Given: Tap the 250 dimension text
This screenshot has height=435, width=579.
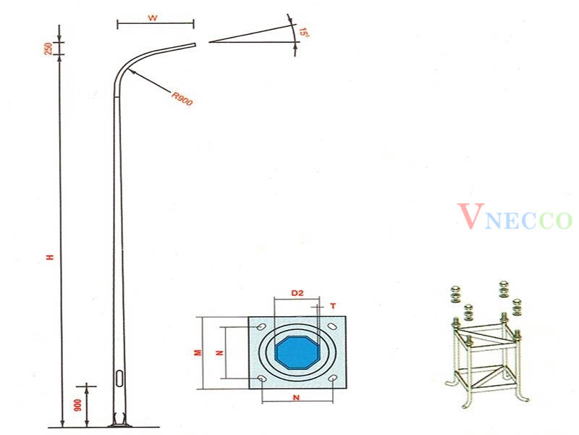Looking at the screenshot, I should (48, 49).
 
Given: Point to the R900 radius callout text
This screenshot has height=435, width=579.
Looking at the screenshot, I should (182, 99).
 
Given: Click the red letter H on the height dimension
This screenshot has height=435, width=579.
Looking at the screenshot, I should (50, 258).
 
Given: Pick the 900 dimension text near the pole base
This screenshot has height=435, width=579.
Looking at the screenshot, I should (78, 406).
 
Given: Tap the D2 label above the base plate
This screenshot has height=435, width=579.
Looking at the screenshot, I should (297, 293).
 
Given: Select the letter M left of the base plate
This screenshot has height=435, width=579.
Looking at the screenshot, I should (197, 352).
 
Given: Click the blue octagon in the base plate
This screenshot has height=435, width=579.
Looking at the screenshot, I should (297, 352).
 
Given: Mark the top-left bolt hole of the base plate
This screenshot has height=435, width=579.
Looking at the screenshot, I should (261, 328).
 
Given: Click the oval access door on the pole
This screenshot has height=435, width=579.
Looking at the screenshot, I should (119, 379).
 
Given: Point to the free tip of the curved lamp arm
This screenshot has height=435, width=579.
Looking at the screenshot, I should (195, 44).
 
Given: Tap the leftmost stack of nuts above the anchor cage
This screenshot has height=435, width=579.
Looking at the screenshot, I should (455, 294).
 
